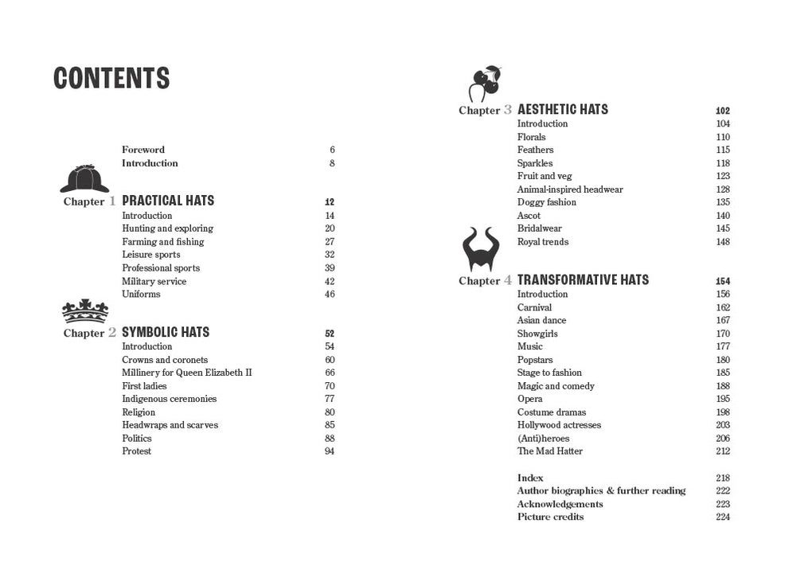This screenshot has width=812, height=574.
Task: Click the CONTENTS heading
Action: (111, 78)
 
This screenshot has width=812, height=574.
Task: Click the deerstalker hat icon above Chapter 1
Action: (84, 179)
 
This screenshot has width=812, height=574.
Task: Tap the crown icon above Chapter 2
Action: (85, 311)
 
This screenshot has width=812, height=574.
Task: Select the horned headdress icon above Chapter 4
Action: (481, 250)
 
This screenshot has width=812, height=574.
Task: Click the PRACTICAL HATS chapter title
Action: (168, 201)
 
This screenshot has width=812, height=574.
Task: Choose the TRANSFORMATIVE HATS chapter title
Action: (583, 279)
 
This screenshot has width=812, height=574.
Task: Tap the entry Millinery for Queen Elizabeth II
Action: (187, 373)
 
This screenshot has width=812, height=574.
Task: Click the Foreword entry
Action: (143, 150)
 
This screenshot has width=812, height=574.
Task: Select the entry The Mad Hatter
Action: (550, 451)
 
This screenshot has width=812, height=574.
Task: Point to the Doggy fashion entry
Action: (547, 202)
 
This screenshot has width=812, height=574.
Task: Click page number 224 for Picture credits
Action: (723, 517)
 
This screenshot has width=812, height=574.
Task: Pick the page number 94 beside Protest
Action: (330, 451)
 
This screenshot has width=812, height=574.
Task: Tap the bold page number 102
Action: (723, 111)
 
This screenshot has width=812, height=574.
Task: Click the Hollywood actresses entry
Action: (559, 425)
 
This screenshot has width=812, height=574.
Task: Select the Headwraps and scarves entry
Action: (170, 425)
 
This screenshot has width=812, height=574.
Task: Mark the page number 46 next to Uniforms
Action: (330, 295)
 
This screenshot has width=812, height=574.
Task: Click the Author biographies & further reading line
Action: (601, 491)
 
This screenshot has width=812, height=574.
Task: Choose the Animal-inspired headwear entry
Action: (570, 189)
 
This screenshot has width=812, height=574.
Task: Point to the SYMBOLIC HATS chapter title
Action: (166, 332)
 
